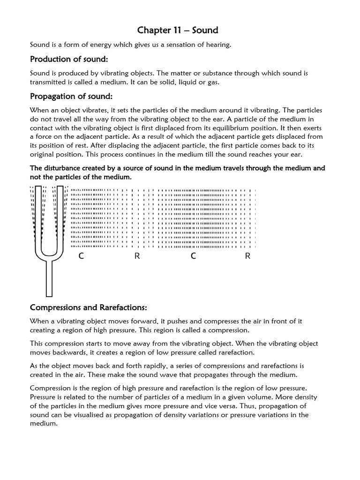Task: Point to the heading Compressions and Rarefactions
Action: (89, 307)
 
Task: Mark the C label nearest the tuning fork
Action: (81, 256)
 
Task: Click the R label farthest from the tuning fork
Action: (248, 256)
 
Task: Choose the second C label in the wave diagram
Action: (193, 256)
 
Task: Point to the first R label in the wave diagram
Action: (137, 256)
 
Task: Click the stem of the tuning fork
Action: (49, 279)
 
